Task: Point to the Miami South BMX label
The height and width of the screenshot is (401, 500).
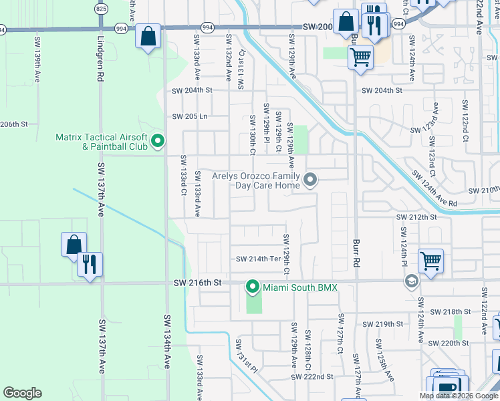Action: (300, 287)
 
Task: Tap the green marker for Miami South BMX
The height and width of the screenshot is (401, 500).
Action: (252, 287)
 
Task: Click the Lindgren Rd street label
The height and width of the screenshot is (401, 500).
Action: (100, 63)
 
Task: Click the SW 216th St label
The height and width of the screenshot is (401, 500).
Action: (199, 283)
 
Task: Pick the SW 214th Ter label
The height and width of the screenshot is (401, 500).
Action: (257, 259)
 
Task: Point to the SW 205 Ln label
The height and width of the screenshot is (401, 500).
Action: (191, 116)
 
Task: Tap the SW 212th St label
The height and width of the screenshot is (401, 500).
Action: (416, 217)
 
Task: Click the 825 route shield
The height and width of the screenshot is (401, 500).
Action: (101, 9)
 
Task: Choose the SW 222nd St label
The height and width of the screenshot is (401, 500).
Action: (311, 377)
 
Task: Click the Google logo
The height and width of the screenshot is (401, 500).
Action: (22, 392)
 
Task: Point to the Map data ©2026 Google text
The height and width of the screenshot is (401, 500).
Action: (459, 396)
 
